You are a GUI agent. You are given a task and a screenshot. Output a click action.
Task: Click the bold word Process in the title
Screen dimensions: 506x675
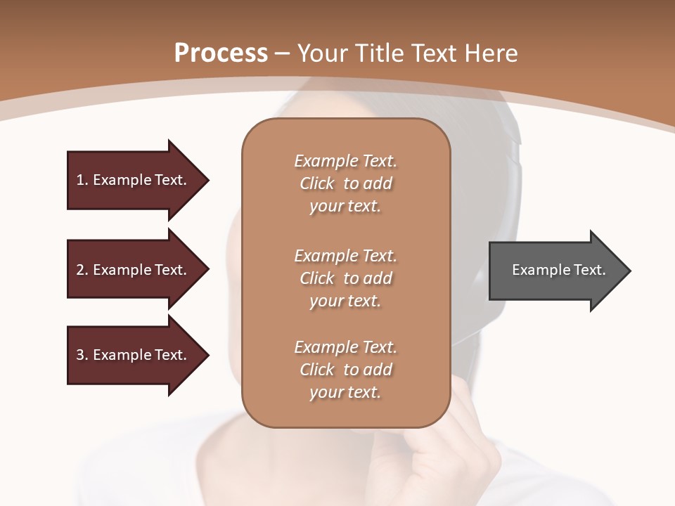221,53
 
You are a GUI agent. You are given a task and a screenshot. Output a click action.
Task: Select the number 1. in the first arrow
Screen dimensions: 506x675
82,180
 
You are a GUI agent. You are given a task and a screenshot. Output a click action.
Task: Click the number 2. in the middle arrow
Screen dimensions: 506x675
82,270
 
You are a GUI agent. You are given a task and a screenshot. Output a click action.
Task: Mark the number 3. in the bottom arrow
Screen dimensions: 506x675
82,355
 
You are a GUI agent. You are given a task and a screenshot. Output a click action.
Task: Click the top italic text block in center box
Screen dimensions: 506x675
345,183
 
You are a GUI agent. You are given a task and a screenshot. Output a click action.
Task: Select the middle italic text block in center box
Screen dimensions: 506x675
345,278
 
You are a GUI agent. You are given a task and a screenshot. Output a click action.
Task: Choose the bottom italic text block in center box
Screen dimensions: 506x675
345,370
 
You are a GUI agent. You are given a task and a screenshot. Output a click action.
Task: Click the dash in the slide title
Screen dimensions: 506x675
283,54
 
